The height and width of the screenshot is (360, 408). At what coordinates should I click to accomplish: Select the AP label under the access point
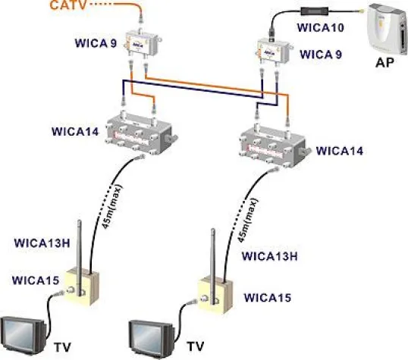(384, 64)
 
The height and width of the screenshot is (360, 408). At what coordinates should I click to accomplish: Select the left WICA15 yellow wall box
(83, 285)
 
